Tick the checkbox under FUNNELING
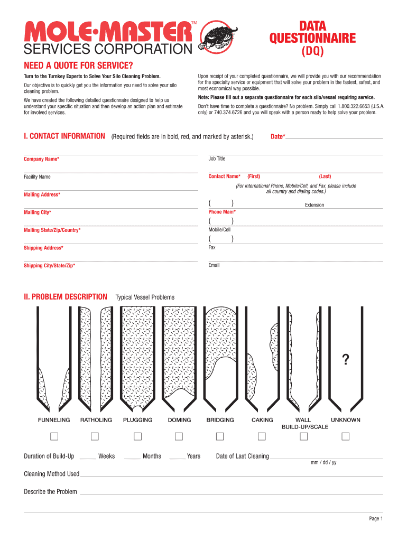click(54, 436)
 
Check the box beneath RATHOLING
click(95, 436)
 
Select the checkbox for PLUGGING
click(137, 436)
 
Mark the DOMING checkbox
click(179, 436)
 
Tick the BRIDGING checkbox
click(220, 436)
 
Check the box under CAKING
click(262, 436)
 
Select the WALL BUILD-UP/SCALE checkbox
click(304, 436)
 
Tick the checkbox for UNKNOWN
click(345, 436)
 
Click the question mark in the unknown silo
click(345, 360)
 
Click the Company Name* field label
click(41, 159)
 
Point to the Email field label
click(214, 265)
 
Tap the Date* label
click(277, 137)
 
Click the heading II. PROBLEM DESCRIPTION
click(66, 297)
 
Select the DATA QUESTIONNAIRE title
click(312, 32)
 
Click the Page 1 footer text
click(375, 519)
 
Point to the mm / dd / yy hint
click(323, 463)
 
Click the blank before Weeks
click(88, 456)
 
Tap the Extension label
click(314, 205)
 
